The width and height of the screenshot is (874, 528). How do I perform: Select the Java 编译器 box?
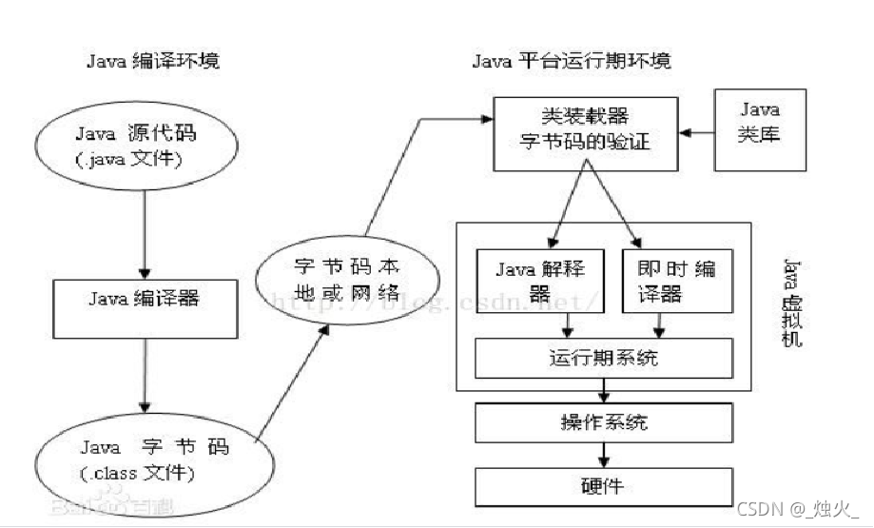click(x=144, y=299)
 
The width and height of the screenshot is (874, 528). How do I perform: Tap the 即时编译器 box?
click(x=678, y=281)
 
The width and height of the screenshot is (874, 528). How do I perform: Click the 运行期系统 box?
click(x=603, y=359)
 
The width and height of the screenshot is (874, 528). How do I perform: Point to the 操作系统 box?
click(x=603, y=420)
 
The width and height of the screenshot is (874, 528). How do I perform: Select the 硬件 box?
click(x=603, y=485)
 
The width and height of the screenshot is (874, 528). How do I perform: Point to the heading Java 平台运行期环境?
click(x=571, y=62)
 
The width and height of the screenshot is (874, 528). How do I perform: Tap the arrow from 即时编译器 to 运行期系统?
click(x=664, y=326)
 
